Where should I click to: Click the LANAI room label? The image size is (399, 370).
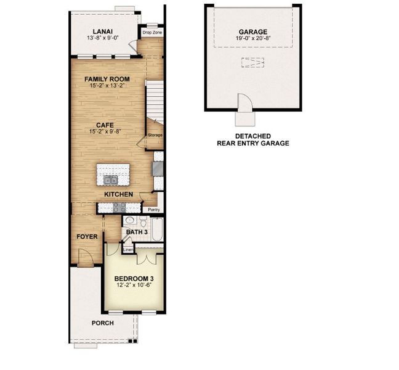click(x=102, y=31)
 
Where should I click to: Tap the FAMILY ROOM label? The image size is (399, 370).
click(x=107, y=79)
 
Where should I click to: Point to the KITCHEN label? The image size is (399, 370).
click(x=119, y=194)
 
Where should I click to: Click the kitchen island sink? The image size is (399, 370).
click(x=111, y=180)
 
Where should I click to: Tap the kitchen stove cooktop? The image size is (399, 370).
click(x=158, y=168)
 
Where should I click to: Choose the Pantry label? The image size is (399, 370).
click(x=154, y=210)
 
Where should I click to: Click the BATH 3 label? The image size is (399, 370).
click(x=137, y=232)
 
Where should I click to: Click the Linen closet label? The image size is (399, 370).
click(x=128, y=249)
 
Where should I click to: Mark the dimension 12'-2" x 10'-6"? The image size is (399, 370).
click(x=134, y=286)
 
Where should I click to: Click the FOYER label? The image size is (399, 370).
click(x=86, y=236)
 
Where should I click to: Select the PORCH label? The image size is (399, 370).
click(x=102, y=323)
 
